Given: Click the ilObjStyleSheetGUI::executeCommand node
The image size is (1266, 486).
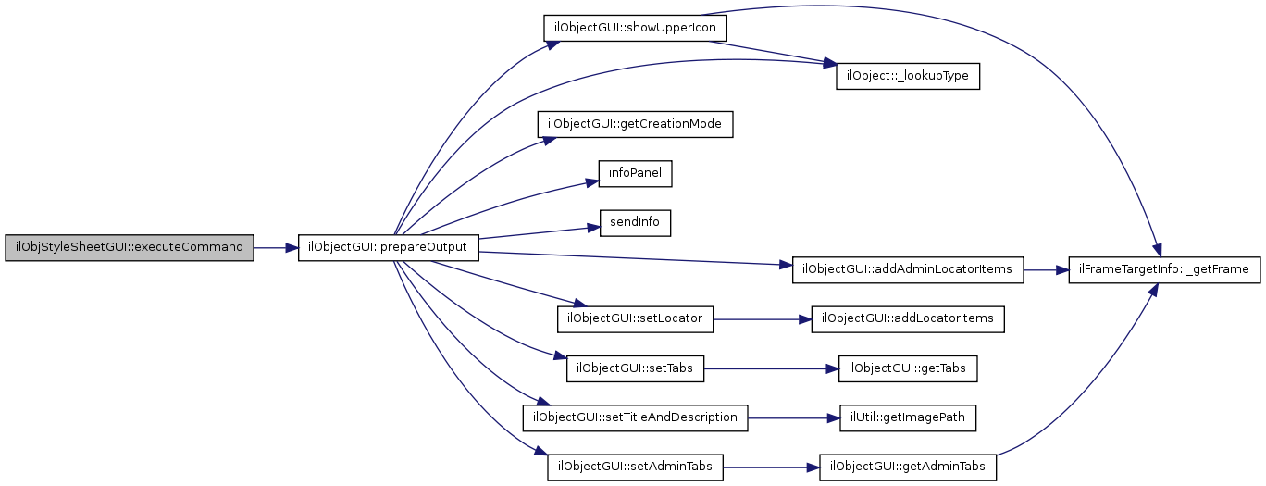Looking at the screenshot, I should pyautogui.click(x=129, y=248).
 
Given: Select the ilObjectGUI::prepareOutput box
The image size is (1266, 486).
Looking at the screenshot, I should pyautogui.click(x=389, y=248).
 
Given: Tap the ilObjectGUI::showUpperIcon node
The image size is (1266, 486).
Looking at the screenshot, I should pyautogui.click(x=633, y=27).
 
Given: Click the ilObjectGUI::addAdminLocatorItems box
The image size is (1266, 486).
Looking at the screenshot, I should pyautogui.click(x=907, y=270).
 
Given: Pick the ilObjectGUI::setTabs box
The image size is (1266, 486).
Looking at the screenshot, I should pyautogui.click(x=635, y=368).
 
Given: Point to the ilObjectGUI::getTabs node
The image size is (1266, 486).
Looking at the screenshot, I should pyautogui.click(x=907, y=368).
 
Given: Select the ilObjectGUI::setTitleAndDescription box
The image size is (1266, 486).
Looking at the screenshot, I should pyautogui.click(x=635, y=417).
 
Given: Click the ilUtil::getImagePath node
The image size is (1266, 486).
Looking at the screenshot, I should pyautogui.click(x=907, y=417).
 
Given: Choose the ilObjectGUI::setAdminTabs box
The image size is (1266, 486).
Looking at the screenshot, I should pyautogui.click(x=635, y=467).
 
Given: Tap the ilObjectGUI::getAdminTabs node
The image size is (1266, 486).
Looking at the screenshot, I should pyautogui.click(x=908, y=467).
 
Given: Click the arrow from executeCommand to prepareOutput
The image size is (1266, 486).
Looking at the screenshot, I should pyautogui.click(x=275, y=248).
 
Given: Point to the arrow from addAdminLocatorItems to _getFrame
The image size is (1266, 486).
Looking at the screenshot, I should pyautogui.click(x=1045, y=270).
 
